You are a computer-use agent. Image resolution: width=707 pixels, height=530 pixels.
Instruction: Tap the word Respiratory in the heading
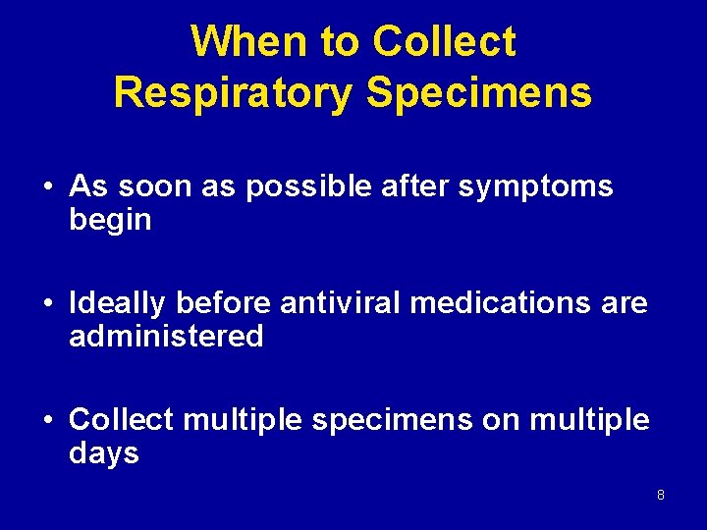[234, 92]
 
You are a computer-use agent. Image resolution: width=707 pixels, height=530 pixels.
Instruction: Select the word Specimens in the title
[479, 92]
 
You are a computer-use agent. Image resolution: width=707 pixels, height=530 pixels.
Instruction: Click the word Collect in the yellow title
[444, 42]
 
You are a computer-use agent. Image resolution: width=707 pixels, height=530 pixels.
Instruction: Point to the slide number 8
[661, 495]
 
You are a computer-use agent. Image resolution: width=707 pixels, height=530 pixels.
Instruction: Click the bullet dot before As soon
[47, 187]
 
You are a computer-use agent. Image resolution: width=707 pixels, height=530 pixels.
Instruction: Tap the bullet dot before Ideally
[47, 305]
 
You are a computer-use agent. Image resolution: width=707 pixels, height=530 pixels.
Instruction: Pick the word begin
[110, 221]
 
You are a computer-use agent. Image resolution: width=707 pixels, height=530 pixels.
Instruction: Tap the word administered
[166, 338]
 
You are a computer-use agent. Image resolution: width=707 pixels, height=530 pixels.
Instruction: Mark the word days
[104, 454]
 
